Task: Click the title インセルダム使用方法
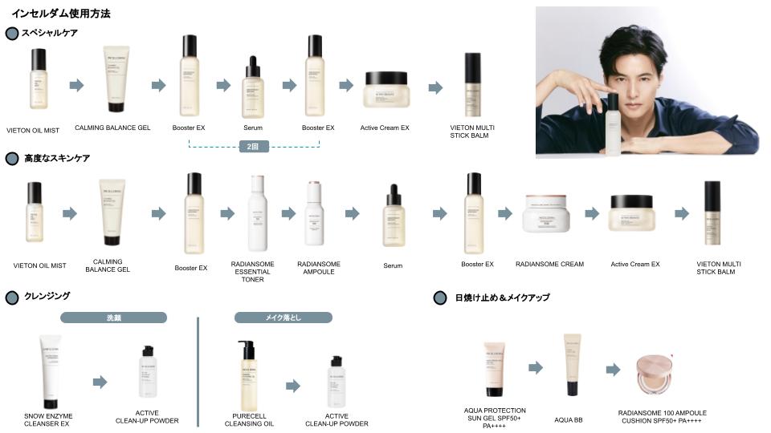click(61, 14)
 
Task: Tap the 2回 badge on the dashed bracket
click(254, 147)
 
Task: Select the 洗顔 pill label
click(114, 318)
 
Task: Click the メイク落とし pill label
click(283, 318)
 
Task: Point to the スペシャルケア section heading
click(50, 33)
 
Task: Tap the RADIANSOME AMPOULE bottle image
click(314, 213)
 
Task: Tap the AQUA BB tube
click(572, 366)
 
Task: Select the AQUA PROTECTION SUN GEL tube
click(494, 370)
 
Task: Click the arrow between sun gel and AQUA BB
click(536, 367)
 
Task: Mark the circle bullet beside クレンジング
click(12, 297)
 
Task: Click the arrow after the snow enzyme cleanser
click(100, 382)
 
